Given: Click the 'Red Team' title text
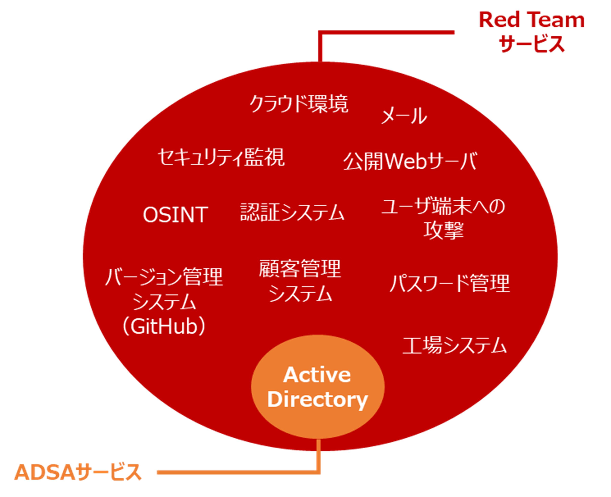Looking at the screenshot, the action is (x=531, y=20).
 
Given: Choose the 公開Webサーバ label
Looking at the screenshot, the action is (x=410, y=161).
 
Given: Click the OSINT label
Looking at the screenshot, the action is (x=175, y=215).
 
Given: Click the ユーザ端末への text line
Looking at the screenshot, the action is (x=443, y=206).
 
